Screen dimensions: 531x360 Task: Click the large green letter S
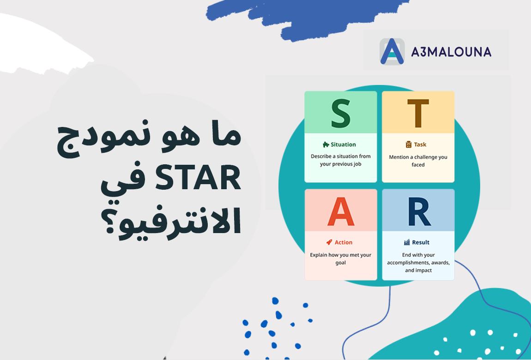(x=341, y=114)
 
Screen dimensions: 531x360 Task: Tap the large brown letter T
(x=418, y=114)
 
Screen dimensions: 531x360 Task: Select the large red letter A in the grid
(x=341, y=211)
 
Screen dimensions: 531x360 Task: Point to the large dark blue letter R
(x=419, y=211)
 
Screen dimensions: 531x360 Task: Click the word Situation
(x=343, y=144)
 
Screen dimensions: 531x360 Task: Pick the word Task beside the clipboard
(x=420, y=144)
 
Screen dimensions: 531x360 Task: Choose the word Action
(x=344, y=242)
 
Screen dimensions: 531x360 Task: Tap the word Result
(x=421, y=242)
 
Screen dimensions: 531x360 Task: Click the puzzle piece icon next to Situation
(x=326, y=144)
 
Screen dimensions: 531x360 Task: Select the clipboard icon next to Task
(x=409, y=144)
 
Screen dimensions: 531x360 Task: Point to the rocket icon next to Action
(x=329, y=242)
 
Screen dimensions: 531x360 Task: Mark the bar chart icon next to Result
(x=407, y=242)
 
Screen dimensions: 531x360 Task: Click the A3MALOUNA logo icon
(x=392, y=51)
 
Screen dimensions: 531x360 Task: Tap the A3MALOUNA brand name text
(x=451, y=52)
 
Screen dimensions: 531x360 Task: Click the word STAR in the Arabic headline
(x=198, y=178)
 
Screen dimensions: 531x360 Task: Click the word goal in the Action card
(x=341, y=263)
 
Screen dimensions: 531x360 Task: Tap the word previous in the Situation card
(x=342, y=164)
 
